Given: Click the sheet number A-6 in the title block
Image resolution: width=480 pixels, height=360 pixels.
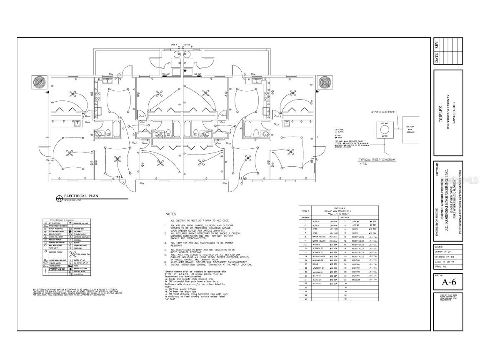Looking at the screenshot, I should pos(448,282).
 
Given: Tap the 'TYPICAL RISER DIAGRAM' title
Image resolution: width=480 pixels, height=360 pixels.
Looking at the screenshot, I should pos(377,160).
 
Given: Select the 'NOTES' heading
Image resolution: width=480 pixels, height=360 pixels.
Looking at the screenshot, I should pos(171,214).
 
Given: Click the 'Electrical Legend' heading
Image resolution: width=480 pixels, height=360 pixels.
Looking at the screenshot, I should pos(62,220).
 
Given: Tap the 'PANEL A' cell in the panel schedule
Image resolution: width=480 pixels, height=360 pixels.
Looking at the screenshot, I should pos(305,211).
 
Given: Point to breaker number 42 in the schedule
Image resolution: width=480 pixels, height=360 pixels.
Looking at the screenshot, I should pos(345,299).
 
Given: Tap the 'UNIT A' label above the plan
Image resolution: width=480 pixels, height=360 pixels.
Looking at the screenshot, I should pos(174,44).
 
